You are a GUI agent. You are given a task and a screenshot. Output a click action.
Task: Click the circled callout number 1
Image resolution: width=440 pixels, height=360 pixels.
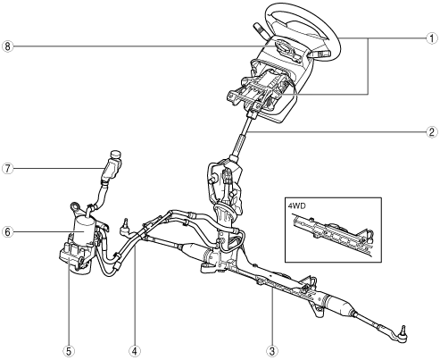tap(432, 38)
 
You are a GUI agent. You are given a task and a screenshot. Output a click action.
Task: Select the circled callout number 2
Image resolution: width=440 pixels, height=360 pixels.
tap(432, 131)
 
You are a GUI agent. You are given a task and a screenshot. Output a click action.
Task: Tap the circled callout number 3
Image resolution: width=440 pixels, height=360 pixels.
tap(272, 351)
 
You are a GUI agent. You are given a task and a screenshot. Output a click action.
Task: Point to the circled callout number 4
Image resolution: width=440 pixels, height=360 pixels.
tap(135, 351)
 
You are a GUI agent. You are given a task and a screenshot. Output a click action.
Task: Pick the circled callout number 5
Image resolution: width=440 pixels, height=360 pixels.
tap(69, 351)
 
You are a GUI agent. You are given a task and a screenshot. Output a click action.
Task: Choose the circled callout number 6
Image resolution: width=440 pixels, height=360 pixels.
tap(8, 231)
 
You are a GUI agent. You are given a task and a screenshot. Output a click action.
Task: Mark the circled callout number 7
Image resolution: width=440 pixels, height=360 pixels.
tap(8, 169)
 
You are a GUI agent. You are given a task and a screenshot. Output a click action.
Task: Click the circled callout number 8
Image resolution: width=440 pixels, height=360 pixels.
tap(8, 46)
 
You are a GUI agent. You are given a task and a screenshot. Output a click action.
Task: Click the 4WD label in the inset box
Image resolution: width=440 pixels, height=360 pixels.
tap(296, 205)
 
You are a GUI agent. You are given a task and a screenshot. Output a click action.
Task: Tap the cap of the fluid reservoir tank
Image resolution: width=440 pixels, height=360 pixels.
tap(116, 155)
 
